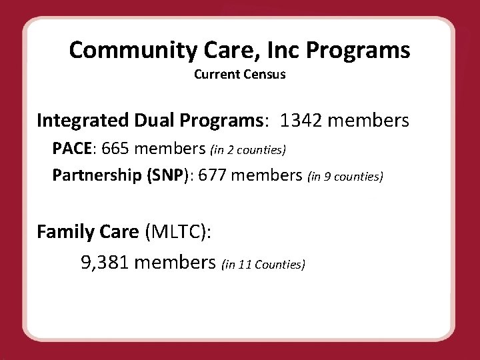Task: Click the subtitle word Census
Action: coord(265,74)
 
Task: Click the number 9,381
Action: coord(105,263)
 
